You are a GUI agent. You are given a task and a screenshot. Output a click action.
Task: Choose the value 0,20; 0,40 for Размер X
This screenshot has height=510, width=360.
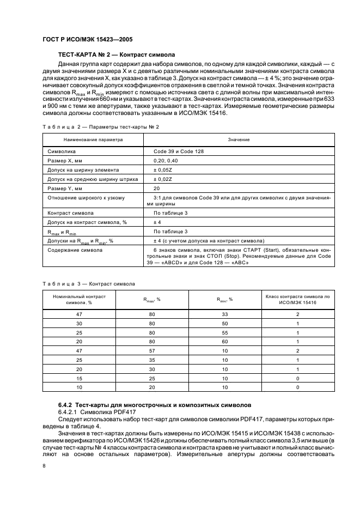[166, 160]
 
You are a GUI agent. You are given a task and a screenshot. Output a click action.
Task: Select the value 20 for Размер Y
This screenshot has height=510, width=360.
[157, 188]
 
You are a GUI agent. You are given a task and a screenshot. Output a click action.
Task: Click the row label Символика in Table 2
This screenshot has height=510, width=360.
[62, 151]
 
